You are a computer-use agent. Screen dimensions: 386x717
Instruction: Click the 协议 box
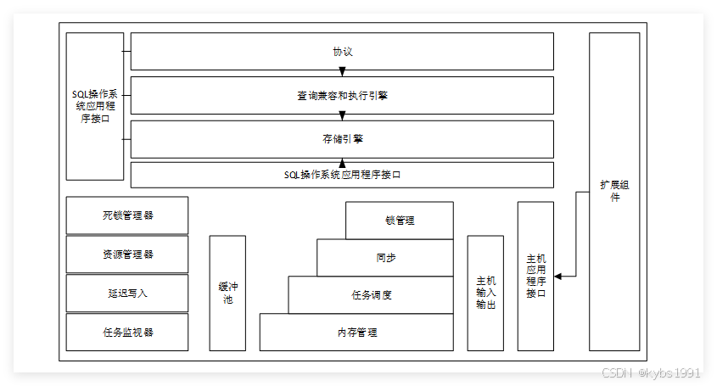tap(342, 51)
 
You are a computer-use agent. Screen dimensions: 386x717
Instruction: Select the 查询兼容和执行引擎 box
tap(342, 95)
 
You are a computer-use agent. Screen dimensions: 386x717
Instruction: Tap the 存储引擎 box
tap(342, 138)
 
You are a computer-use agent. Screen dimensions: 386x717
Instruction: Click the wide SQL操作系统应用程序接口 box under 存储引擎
tap(342, 175)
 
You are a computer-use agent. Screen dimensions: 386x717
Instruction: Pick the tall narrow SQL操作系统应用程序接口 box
tap(95, 106)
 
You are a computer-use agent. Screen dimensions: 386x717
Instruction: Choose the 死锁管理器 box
tap(127, 215)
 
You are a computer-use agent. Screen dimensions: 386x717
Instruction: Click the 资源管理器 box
tap(127, 255)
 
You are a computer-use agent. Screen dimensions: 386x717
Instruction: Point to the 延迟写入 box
tap(127, 294)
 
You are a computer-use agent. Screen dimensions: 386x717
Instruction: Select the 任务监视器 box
tap(127, 333)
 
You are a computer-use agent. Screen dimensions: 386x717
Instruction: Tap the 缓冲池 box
tap(227, 294)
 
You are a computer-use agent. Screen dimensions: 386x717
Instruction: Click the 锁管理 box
tap(400, 221)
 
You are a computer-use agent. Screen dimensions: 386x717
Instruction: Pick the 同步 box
tap(385, 258)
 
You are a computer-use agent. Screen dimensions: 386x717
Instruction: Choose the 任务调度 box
tap(371, 295)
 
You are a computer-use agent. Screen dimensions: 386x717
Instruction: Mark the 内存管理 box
tap(356, 333)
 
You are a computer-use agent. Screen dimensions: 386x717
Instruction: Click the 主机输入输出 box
tap(485, 294)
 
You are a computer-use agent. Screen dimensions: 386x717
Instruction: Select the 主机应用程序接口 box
tap(535, 276)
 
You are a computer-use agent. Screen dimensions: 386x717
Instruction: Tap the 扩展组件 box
tap(615, 191)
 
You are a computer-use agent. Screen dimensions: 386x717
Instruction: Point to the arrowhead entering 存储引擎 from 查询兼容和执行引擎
tap(343, 116)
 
